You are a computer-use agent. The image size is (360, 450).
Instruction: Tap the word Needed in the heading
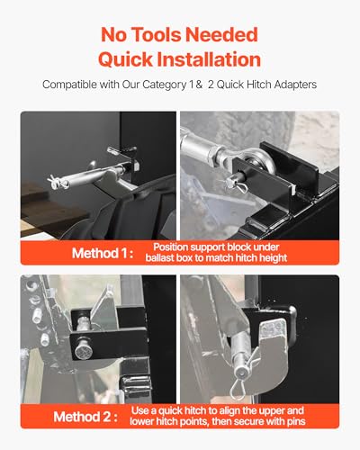pyautogui.click(x=221, y=35)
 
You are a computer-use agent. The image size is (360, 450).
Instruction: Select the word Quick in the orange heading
pyautogui.click(x=125, y=59)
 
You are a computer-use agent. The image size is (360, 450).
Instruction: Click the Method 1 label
pyautogui.click(x=103, y=253)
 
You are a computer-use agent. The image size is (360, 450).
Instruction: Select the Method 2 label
pyautogui.click(x=85, y=417)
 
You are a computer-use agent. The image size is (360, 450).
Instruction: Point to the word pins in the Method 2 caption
pyautogui.click(x=296, y=422)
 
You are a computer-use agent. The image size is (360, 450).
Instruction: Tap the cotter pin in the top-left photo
pyautogui.click(x=57, y=182)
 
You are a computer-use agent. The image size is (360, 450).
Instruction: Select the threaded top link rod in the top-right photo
pyautogui.click(x=200, y=147)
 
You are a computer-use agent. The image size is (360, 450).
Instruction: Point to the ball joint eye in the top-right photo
pyautogui.click(x=261, y=163)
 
